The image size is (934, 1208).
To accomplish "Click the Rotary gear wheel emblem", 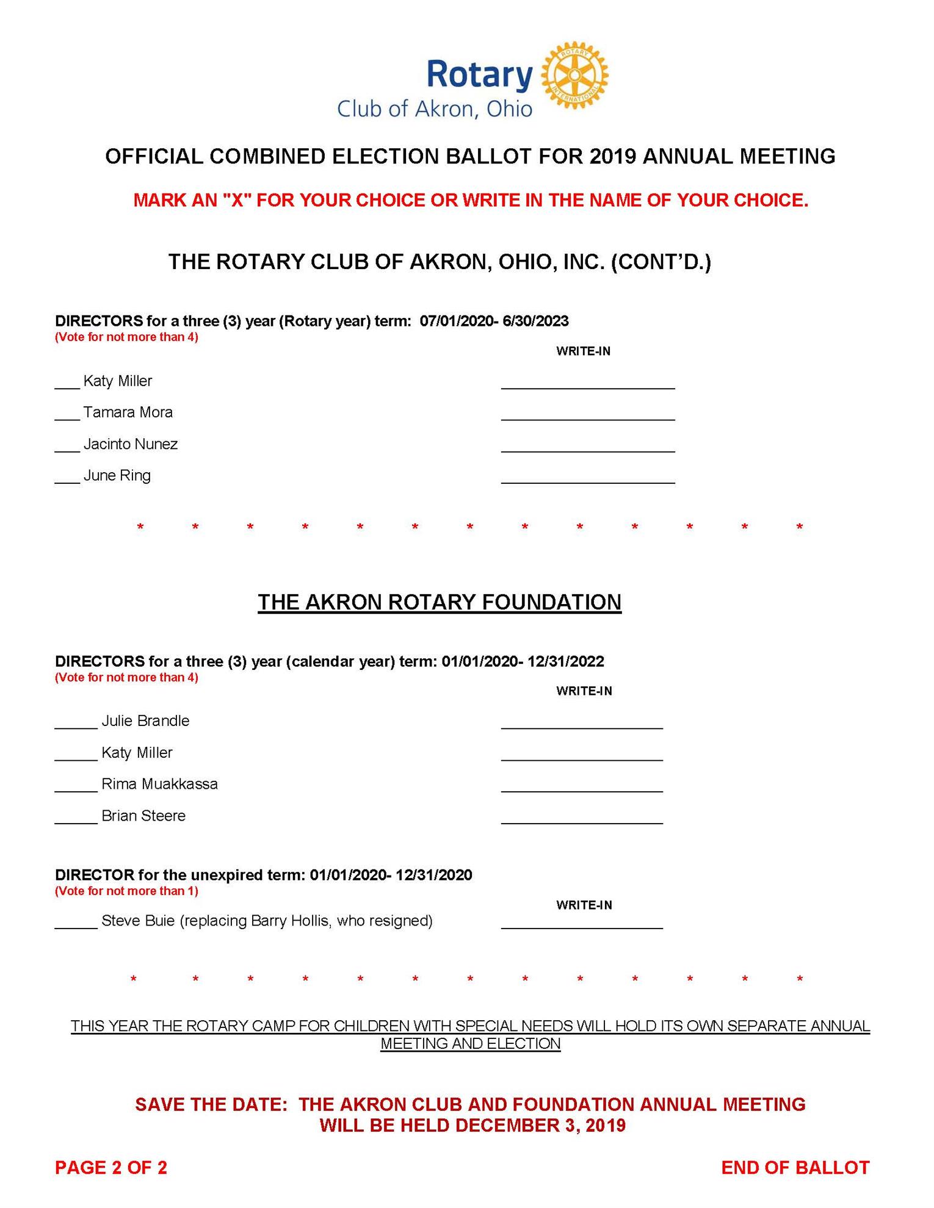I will tap(574, 76).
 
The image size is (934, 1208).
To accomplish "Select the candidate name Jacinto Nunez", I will tap(131, 444).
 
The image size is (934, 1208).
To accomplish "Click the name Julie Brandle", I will tap(145, 721).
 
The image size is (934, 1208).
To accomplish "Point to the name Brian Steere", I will tap(143, 816).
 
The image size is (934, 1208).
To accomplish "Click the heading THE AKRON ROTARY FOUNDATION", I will tap(440, 602).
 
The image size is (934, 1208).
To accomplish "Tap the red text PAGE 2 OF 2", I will tap(111, 1168).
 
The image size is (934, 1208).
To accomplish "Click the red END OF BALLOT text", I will tap(795, 1168).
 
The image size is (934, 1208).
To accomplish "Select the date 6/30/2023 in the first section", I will tap(535, 321).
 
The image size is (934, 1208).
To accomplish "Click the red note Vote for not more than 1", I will tap(126, 891).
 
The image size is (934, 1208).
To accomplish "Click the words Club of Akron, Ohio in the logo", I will tap(435, 109).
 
